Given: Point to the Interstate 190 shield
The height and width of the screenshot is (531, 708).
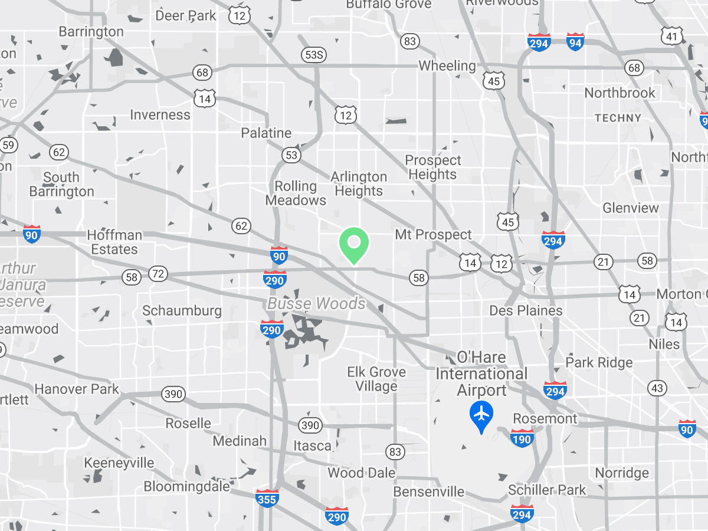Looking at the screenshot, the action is (x=522, y=438).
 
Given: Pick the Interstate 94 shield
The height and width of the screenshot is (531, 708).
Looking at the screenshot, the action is (x=575, y=41).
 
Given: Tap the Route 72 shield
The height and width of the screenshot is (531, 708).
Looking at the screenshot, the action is (x=158, y=274).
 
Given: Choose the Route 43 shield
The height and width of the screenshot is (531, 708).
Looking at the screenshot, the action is (x=657, y=388).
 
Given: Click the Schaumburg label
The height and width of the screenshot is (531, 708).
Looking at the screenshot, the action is (x=182, y=311).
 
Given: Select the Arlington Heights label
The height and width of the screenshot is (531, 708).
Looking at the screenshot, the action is (x=359, y=183).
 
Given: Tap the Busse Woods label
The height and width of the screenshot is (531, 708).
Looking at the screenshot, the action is (x=317, y=304).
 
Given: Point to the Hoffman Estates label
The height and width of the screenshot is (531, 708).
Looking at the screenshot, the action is (x=114, y=242).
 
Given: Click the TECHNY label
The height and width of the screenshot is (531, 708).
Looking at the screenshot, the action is (x=618, y=118).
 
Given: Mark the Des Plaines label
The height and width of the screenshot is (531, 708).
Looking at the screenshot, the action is (x=526, y=310).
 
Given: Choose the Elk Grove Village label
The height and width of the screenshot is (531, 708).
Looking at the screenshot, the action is (x=376, y=379).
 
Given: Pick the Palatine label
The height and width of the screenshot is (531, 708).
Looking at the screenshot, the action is (x=267, y=133).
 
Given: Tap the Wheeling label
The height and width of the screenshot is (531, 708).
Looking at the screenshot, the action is (x=447, y=66).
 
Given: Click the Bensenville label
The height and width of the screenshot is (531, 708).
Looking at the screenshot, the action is (x=429, y=492).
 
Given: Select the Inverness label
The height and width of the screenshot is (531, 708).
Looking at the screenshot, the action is (x=160, y=115).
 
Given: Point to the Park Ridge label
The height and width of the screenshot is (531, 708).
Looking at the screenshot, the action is (x=599, y=362).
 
